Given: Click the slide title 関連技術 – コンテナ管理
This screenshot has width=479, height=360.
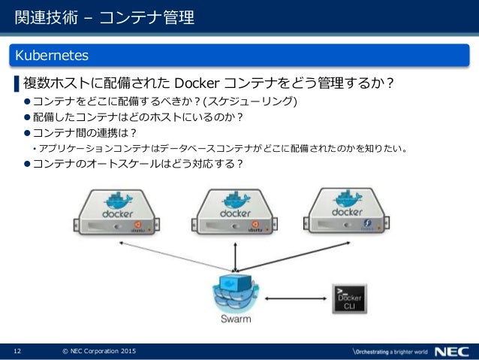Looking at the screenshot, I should coord(104,17).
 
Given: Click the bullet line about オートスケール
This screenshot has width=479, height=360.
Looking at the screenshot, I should coord(138,164).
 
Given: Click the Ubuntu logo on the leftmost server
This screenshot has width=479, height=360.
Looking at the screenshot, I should coord(138,223).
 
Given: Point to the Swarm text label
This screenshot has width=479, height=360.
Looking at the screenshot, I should coord(236,319).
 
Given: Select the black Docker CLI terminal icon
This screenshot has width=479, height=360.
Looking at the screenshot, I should coord(349,299).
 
